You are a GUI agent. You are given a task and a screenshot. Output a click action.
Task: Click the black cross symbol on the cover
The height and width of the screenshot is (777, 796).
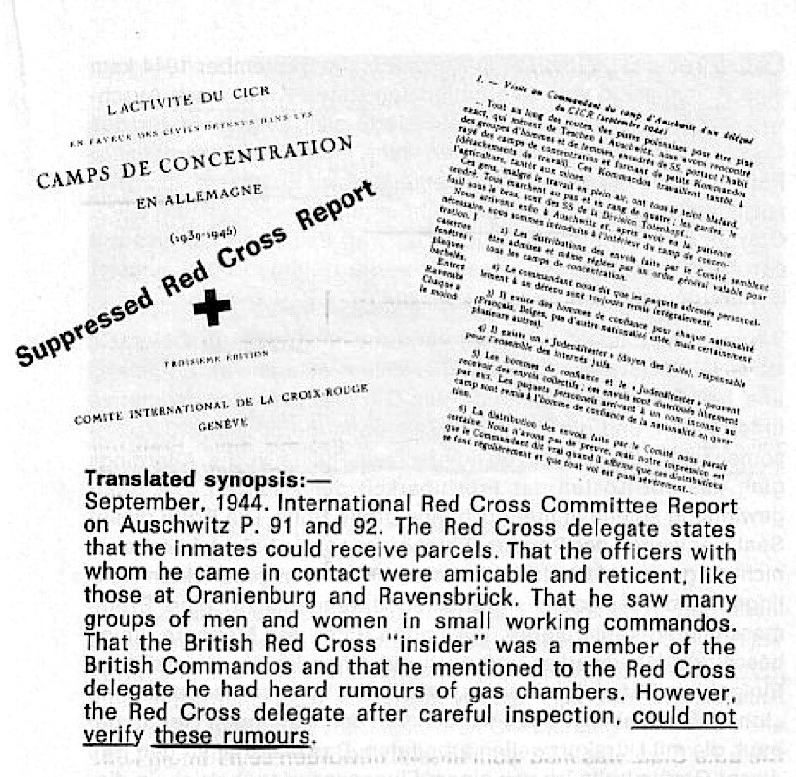point(211,307)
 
